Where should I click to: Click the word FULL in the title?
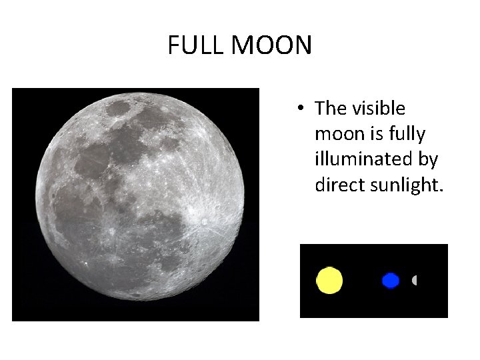tap(196, 46)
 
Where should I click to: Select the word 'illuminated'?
tap(367, 160)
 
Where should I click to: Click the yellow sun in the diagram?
tap(329, 280)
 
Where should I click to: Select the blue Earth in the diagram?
tap(391, 281)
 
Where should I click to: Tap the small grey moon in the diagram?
tap(415, 281)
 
